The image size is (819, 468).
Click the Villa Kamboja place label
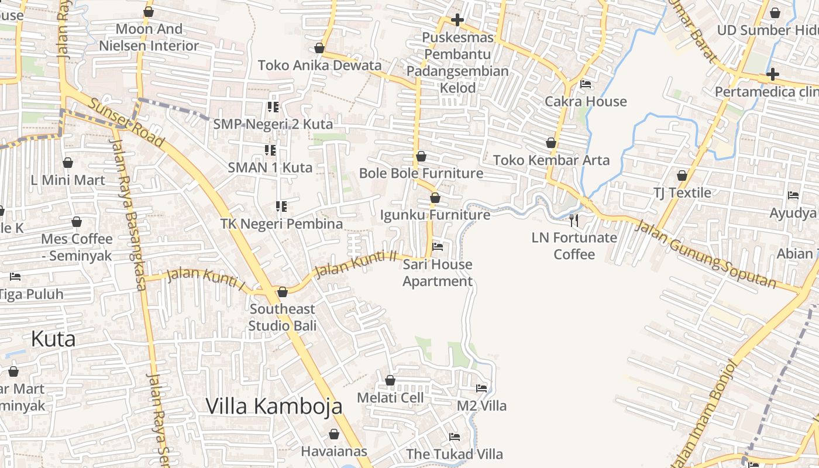pyautogui.click(x=274, y=406)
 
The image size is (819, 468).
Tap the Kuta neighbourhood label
pyautogui.click(x=53, y=339)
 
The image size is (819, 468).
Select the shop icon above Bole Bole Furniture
pyautogui.click(x=421, y=156)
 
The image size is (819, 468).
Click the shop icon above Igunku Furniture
pyautogui.click(x=435, y=198)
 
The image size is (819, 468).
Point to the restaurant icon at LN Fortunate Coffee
pyautogui.click(x=574, y=220)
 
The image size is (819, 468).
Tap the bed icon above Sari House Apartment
pyautogui.click(x=437, y=246)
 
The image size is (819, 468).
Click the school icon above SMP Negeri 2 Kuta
pyautogui.click(x=273, y=106)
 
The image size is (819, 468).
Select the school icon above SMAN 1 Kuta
pyautogui.click(x=270, y=150)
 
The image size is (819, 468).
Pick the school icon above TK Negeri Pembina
pyautogui.click(x=281, y=207)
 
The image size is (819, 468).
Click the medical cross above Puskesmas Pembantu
pyautogui.click(x=457, y=20)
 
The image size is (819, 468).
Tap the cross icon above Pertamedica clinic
pyautogui.click(x=772, y=74)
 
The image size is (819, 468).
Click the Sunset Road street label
pyautogui.click(x=126, y=122)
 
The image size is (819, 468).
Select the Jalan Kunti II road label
pyautogui.click(x=356, y=264)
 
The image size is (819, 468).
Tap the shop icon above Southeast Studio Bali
pyautogui.click(x=283, y=291)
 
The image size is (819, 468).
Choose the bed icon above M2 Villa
pyautogui.click(x=481, y=388)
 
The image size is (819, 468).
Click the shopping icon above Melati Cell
pyautogui.click(x=390, y=380)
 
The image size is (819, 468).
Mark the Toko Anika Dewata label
pyautogui.click(x=319, y=65)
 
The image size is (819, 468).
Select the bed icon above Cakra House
pyautogui.click(x=585, y=84)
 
